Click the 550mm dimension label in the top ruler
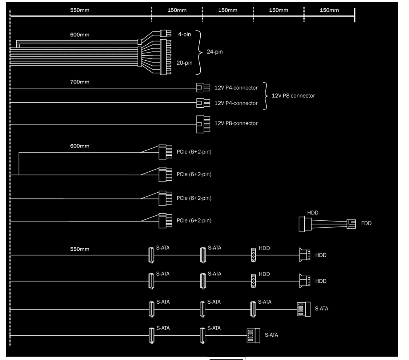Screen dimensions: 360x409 (80, 10)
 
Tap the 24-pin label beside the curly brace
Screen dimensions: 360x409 (215, 52)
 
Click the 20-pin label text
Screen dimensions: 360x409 (184, 63)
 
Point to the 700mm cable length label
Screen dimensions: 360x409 (80, 82)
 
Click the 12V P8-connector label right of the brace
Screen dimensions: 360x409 (293, 96)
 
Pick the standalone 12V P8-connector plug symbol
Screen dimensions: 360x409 (203, 124)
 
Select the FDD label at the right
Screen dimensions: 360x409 (366, 223)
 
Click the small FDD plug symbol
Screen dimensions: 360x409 (351, 224)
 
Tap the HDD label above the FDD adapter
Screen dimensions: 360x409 (313, 213)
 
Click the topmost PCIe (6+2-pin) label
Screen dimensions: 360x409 (194, 152)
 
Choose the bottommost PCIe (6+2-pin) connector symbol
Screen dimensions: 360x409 (165, 221)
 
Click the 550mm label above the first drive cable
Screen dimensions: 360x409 (80, 249)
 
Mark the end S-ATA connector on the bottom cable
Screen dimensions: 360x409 (253, 335)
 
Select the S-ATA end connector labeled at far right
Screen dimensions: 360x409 (303, 309)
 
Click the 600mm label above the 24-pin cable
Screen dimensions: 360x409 (80, 35)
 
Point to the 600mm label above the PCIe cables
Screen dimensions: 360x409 (80, 146)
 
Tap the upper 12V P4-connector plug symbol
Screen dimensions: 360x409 (203, 88)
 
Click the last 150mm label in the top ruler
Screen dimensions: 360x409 (329, 10)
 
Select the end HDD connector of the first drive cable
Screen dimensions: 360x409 (305, 255)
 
